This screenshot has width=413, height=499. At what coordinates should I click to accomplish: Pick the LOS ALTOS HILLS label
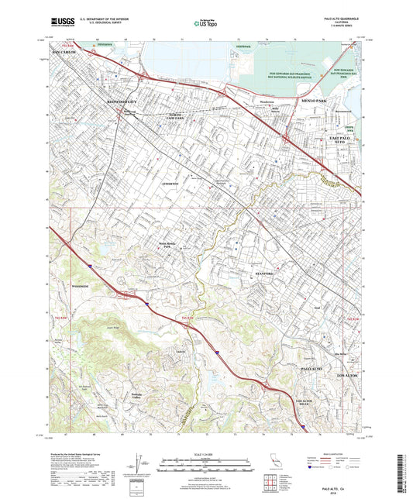286,401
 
